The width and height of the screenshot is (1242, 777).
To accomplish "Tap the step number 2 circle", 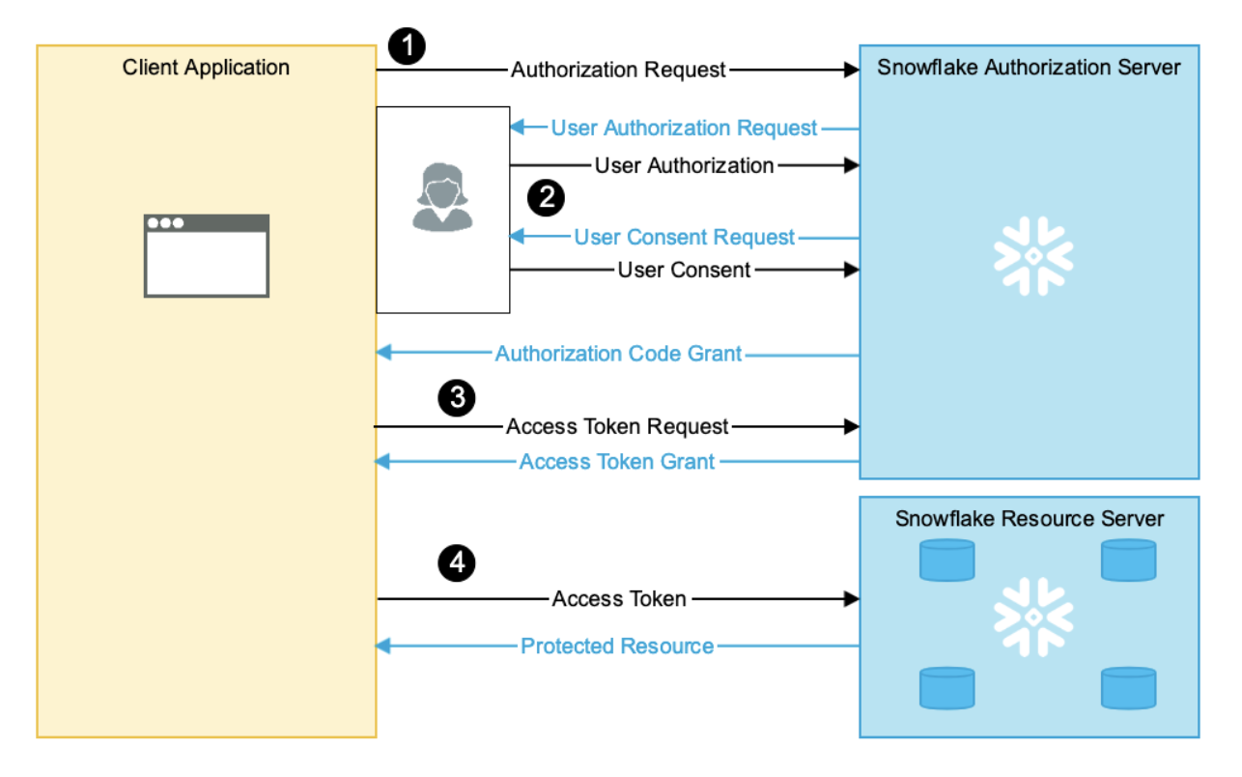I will pos(546,198).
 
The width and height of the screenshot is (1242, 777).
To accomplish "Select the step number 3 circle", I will pos(457,396).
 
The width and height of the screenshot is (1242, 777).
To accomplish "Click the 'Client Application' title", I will pos(206,68).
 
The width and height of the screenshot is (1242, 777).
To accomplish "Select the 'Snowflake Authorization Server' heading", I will pos(1029,68).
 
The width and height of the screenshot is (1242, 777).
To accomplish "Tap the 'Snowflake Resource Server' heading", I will pos(1029,519).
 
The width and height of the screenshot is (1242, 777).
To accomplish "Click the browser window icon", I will pos(207,256).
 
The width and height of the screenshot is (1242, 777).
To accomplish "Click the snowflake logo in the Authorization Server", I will pos(1033,256).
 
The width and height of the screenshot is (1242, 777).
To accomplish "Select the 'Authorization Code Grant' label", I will pos(618,355).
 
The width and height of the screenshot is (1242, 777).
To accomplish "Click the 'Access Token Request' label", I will pos(617,426).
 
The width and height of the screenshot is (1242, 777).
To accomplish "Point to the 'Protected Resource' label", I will pos(617,647).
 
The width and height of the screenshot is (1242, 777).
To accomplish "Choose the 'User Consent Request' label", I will pos(685,238).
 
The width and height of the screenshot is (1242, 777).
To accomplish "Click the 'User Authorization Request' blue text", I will pos(685,129).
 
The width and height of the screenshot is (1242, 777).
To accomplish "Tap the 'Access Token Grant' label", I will pos(617,462).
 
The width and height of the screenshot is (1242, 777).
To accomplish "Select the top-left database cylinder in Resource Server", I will pos(946,561).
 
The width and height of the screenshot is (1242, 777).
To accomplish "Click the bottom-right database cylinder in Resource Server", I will pos(1128,688).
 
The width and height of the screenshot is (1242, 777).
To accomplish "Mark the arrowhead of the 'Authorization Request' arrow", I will pos(852,70).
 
